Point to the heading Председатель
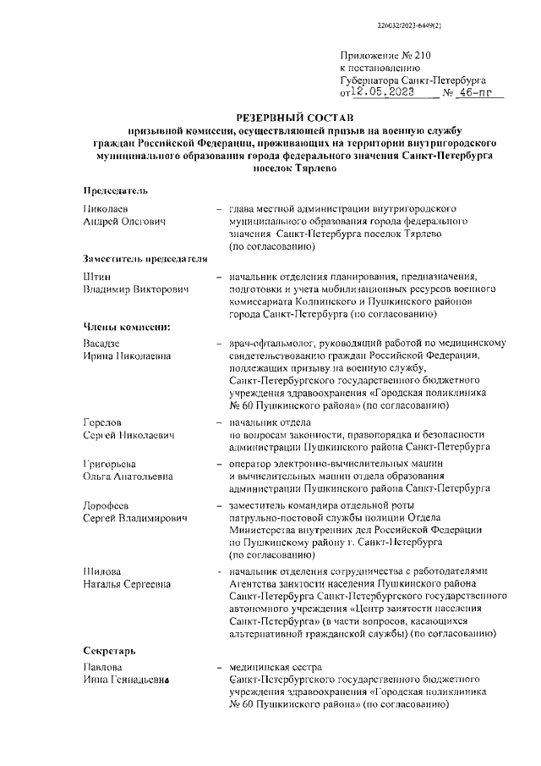tap(115, 190)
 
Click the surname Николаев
tap(110, 207)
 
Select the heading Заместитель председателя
tap(145, 257)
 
